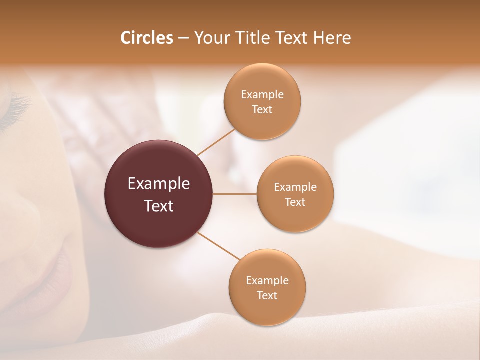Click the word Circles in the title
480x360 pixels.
tap(146, 38)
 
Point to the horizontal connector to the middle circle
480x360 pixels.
tap(234, 194)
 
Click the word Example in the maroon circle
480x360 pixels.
tap(158, 184)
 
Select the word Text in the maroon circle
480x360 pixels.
tap(158, 206)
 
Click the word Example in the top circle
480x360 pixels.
tap(262, 95)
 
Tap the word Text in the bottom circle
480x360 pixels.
tap(267, 296)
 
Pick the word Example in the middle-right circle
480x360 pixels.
tap(295, 187)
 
